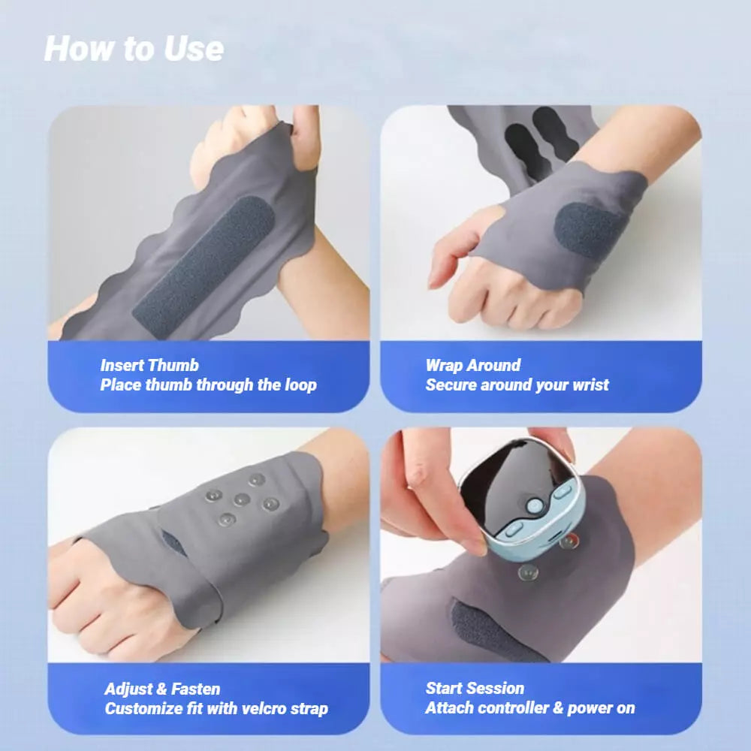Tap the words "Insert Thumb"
149,366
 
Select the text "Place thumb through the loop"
208,385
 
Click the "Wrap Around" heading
472,366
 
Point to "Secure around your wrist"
517,385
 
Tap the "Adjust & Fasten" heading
162,689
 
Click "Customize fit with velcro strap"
216,708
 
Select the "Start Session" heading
475,688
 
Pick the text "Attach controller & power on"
529,707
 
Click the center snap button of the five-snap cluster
240,499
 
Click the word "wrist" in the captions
589,385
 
